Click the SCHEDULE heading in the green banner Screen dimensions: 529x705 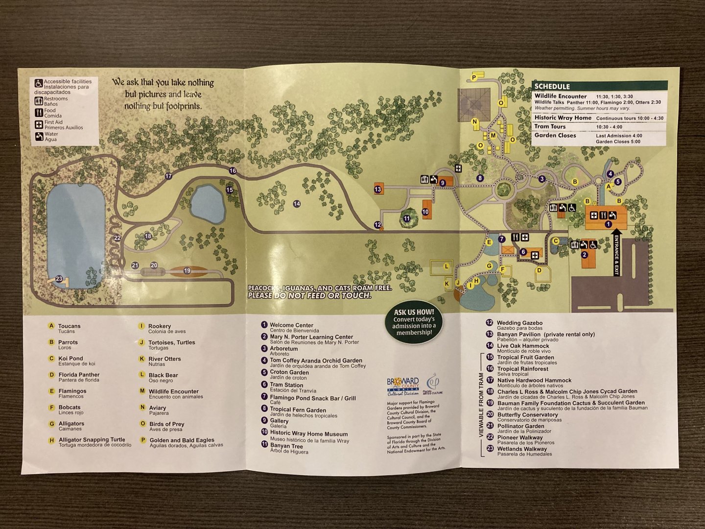(552, 87)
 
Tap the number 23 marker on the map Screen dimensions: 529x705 (59, 279)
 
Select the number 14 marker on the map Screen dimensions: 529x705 (297, 204)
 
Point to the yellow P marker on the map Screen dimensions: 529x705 (474, 77)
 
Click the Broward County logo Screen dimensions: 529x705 (403, 386)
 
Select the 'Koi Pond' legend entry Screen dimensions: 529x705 (70, 359)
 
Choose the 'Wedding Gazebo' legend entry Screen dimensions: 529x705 (519, 323)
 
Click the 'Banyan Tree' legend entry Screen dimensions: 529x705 (286, 446)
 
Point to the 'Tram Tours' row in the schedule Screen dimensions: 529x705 (550, 126)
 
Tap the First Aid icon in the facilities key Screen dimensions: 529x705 (39, 124)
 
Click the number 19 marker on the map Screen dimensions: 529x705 (187, 271)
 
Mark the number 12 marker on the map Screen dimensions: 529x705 (377, 225)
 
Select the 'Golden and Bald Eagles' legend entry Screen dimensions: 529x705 (182, 440)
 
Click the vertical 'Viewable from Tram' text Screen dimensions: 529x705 (480, 405)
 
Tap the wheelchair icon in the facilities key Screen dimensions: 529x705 (39, 84)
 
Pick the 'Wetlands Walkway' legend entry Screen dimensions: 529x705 (522, 449)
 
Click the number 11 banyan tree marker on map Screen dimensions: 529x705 (407, 218)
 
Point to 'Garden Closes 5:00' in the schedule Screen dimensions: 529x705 (618, 142)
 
